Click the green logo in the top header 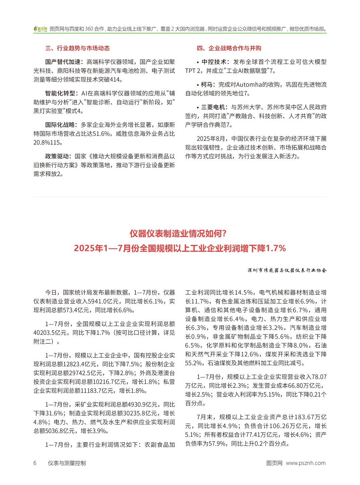tap(41, 29)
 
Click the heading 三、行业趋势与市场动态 tap(77, 48)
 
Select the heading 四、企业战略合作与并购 tap(229, 48)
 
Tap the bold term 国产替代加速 tap(63, 62)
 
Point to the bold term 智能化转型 tap(60, 93)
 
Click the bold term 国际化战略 tap(60, 125)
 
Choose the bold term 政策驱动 tap(57, 156)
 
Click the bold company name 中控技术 tap(214, 62)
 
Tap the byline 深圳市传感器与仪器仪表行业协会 tap(287, 270)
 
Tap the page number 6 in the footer tap(35, 463)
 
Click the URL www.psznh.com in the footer tap(305, 463)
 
